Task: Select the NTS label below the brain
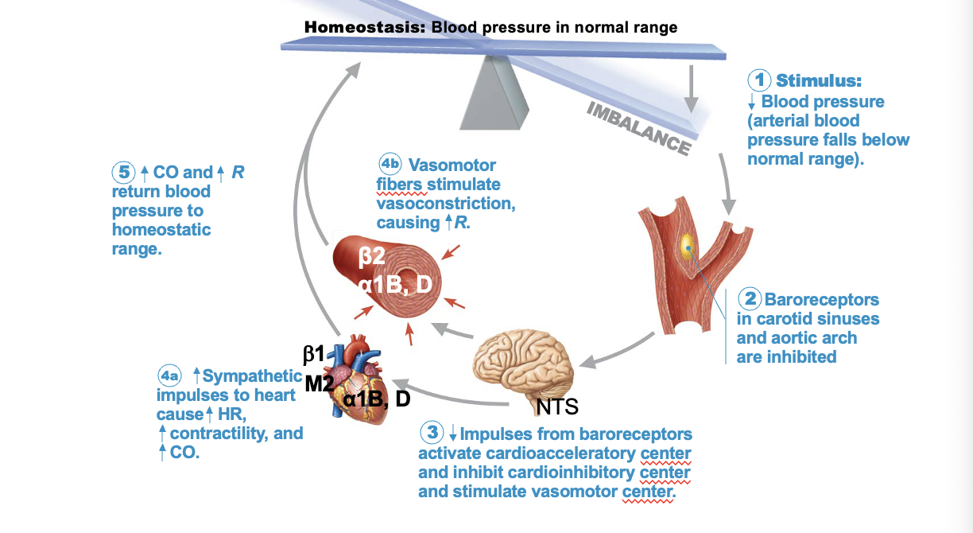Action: click(557, 407)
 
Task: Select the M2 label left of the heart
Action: click(319, 383)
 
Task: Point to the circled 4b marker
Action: click(390, 165)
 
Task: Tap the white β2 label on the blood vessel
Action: click(371, 256)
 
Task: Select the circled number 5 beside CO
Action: click(123, 172)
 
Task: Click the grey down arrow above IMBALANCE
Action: click(692, 88)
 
